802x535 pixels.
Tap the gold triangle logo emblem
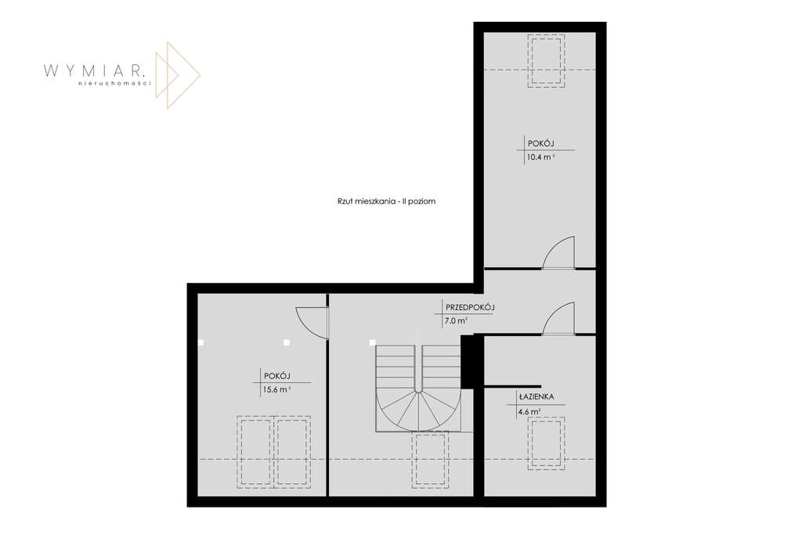(x=177, y=75)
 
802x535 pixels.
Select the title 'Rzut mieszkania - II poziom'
(x=381, y=201)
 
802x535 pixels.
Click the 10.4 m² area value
(x=540, y=157)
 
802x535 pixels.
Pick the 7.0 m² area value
(x=456, y=320)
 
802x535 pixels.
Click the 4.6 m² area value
(x=529, y=411)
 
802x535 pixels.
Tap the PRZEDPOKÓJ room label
(x=469, y=307)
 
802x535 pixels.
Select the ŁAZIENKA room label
(x=536, y=397)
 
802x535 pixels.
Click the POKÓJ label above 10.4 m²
(x=540, y=143)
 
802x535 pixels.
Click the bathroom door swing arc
(x=559, y=319)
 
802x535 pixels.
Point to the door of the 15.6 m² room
(x=312, y=321)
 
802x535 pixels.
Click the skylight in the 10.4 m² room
(x=546, y=61)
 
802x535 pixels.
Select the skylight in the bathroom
(x=546, y=443)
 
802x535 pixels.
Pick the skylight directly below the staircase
(x=429, y=459)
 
